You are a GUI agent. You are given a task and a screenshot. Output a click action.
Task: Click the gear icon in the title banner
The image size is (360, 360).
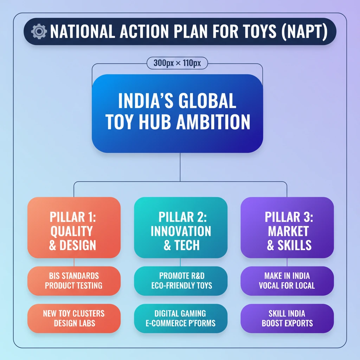39,31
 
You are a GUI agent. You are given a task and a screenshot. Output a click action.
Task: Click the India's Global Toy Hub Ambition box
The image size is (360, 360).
178,114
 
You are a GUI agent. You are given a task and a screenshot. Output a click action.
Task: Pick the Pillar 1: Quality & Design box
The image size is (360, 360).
74,227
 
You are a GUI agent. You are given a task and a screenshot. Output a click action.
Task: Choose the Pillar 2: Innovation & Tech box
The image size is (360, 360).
181,227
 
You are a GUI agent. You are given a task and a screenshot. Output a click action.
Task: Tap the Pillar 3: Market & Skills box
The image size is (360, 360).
287,227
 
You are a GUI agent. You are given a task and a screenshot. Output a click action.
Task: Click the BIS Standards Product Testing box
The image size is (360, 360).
74,281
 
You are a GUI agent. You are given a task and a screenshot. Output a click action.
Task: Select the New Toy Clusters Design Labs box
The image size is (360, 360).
74,319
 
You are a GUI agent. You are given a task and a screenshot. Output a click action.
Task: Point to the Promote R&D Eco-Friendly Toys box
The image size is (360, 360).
181,281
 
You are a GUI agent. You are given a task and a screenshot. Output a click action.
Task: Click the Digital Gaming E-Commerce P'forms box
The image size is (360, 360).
181,319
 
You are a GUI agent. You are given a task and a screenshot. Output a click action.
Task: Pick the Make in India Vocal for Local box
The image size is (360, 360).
287,281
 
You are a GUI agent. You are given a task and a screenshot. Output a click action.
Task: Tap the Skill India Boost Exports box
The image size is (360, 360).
287,319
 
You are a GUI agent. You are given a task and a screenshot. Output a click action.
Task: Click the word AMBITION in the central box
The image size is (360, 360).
213,122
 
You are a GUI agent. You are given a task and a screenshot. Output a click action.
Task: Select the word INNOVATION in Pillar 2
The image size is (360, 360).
181,231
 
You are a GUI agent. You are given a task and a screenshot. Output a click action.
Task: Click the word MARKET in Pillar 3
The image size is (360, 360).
288,231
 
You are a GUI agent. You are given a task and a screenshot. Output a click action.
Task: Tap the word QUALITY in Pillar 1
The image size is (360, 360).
72,231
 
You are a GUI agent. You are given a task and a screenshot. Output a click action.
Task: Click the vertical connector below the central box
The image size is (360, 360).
180,167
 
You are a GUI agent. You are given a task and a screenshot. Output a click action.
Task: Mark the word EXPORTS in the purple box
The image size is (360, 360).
299,323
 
